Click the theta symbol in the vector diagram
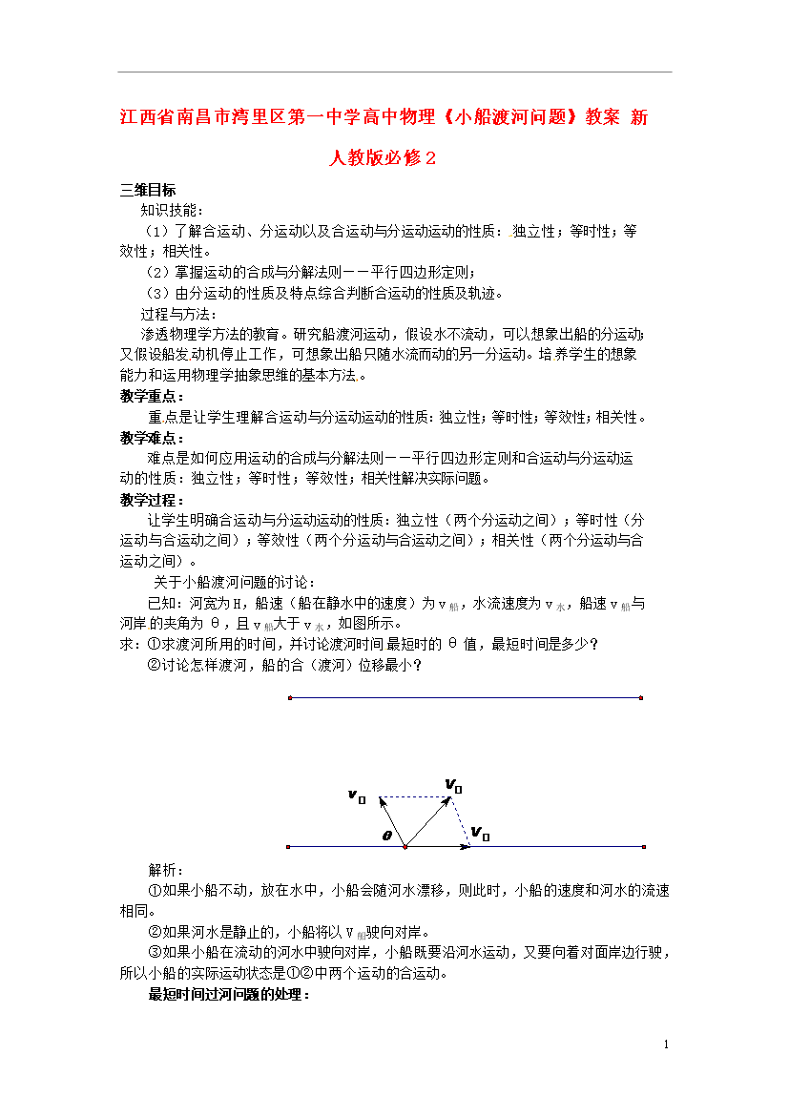point(387,836)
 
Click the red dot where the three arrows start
point(405,846)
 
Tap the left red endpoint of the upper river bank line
point(289,698)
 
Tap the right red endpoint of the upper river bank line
point(641,698)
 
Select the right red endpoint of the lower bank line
point(645,846)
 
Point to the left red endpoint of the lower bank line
point(288,846)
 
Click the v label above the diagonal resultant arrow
point(453,786)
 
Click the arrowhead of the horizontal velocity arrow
point(467,846)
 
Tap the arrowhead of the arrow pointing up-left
point(383,802)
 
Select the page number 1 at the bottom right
point(667,1045)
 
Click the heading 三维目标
point(147,190)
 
